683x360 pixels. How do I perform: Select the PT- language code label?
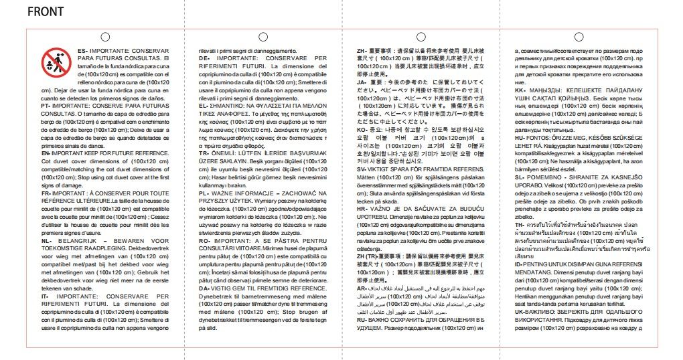(46, 106)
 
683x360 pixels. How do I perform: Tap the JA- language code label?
(362, 82)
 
